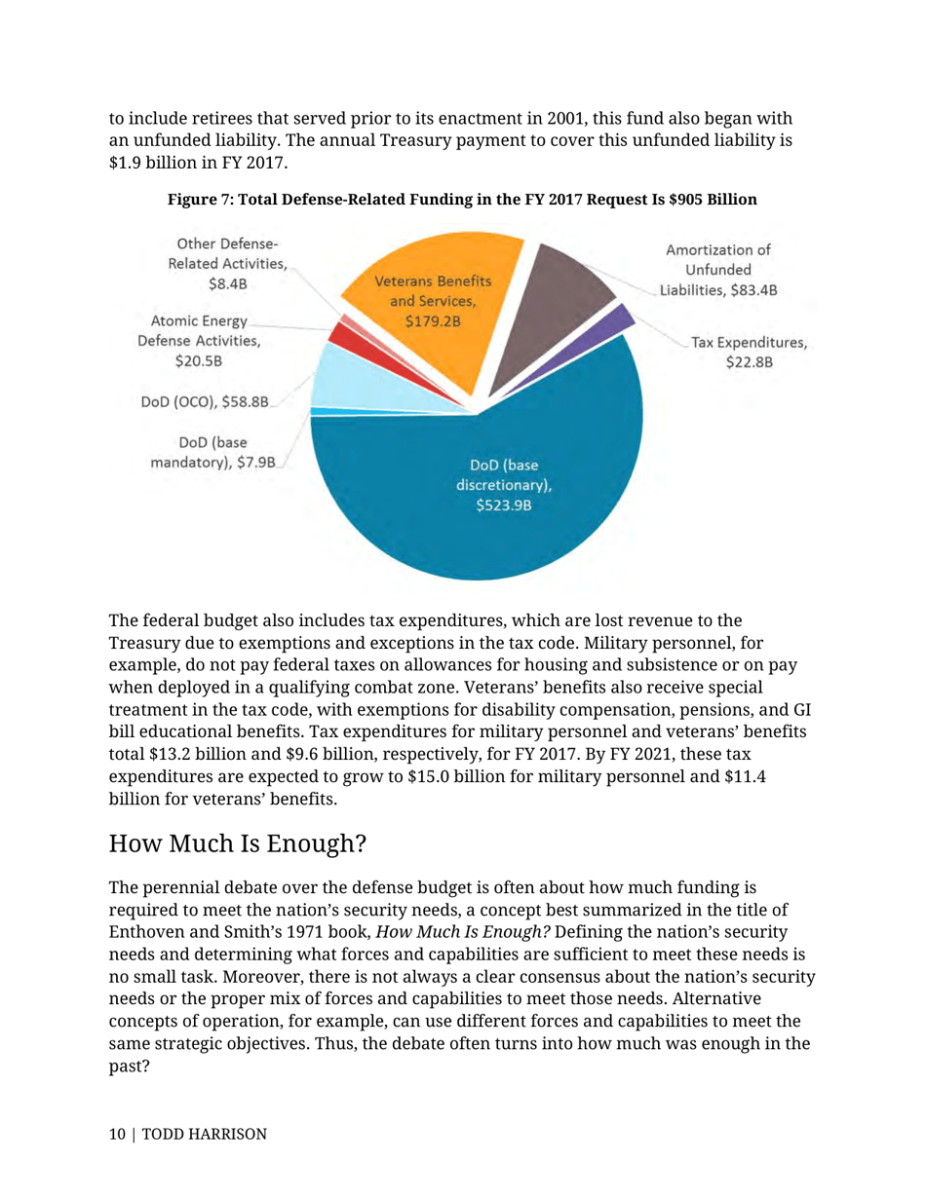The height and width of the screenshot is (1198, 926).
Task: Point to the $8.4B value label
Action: [x=226, y=283]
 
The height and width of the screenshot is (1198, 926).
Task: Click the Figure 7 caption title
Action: [x=462, y=200]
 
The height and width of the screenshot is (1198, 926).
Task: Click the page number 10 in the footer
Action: [x=118, y=1135]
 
